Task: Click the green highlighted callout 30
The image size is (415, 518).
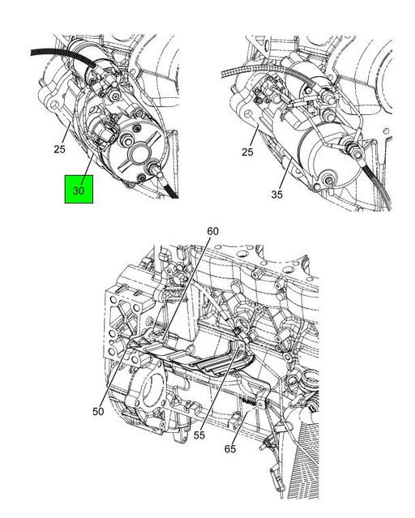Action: (79, 190)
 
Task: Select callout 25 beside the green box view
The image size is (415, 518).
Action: (59, 149)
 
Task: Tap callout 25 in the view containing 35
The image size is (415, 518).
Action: (247, 152)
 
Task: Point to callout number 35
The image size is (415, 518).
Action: (277, 195)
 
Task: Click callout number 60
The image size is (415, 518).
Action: (213, 231)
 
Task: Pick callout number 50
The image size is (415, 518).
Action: (98, 412)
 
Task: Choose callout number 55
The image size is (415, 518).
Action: (199, 435)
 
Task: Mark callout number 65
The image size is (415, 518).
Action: (230, 449)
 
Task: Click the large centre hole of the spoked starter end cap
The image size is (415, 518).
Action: (138, 154)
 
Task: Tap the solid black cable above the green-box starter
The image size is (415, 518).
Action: (62, 58)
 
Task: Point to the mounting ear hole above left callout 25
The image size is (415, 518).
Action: (54, 105)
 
